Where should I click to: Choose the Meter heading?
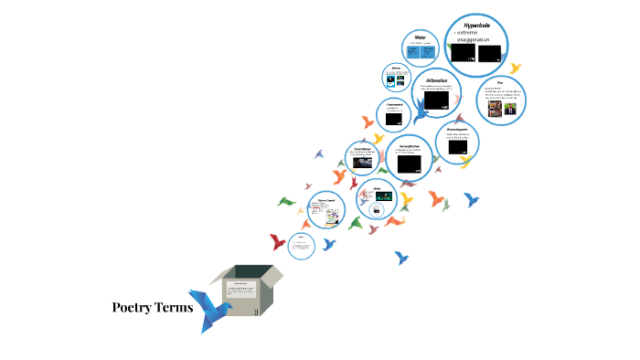click(x=421, y=37)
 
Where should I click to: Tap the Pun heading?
click(x=502, y=82)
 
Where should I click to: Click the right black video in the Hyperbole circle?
click(x=491, y=54)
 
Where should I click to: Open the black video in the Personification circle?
click(x=410, y=165)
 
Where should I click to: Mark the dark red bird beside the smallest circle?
click(x=277, y=242)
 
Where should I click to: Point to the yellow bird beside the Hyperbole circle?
click(x=515, y=69)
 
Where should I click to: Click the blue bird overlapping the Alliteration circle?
click(x=421, y=111)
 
